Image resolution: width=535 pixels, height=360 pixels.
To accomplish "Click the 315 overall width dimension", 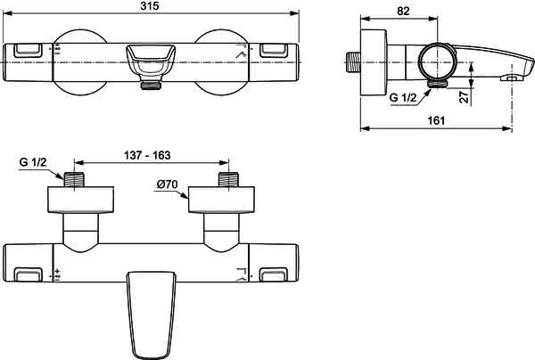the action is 150,6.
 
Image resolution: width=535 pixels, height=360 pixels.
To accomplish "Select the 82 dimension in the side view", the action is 403,12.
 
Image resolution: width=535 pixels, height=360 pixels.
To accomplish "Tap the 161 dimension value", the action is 436,120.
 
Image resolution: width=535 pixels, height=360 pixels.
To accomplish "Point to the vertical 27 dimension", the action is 464,97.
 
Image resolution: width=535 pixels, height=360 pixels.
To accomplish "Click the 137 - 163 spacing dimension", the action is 147,155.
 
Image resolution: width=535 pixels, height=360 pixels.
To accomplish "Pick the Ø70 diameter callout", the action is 168,184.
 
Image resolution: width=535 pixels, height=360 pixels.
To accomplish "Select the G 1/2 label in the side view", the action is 403,98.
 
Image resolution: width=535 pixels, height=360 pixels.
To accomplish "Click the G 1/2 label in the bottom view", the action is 33,162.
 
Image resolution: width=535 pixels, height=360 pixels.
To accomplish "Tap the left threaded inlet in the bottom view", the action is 74,180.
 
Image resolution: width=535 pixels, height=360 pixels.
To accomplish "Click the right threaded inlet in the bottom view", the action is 228,180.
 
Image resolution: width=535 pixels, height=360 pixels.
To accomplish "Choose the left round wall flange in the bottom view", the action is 80,200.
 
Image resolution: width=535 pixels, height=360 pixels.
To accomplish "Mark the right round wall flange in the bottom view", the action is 222,200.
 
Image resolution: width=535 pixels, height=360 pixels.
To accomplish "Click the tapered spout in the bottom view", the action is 151,314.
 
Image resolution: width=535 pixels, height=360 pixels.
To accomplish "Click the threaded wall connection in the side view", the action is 353,62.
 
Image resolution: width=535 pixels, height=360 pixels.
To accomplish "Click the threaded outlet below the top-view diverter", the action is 151,85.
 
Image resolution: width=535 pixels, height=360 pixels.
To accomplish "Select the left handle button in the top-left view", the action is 28,51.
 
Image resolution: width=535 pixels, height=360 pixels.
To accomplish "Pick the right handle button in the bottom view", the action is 274,274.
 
